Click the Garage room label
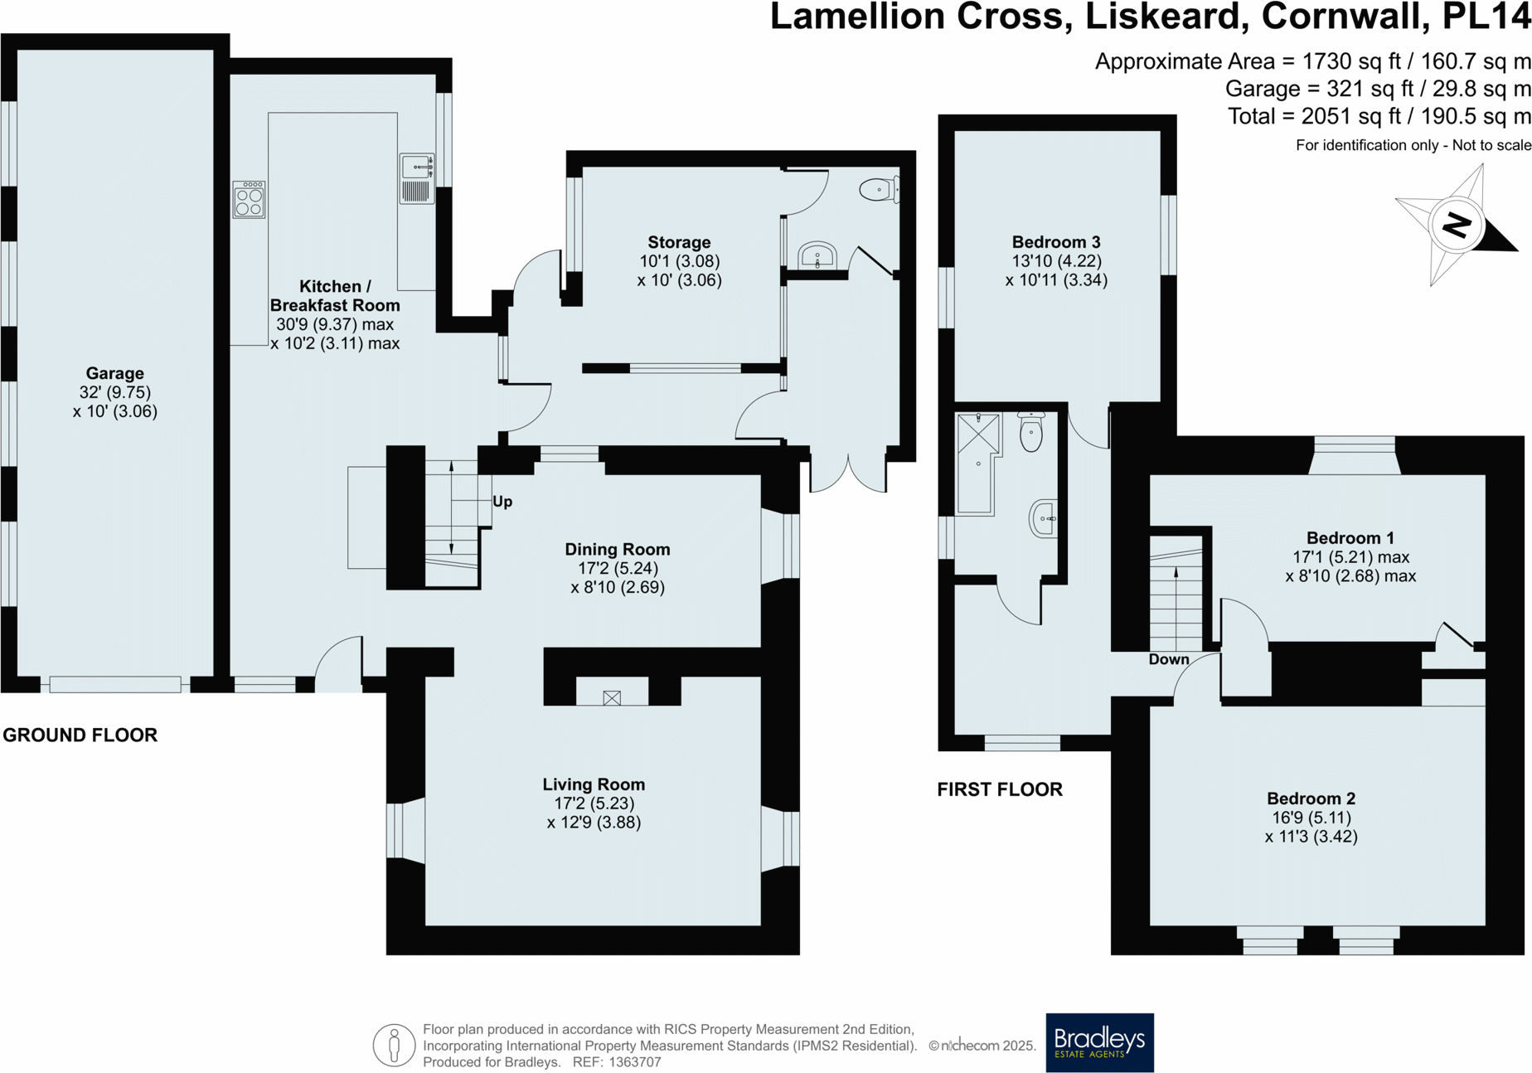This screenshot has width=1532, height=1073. coord(114,373)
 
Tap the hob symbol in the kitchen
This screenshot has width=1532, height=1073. coord(249,200)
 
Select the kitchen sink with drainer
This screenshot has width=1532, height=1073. coord(417,178)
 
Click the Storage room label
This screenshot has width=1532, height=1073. coord(679,242)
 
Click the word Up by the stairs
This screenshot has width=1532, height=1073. coord(502,502)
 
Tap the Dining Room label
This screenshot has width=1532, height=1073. coord(617,549)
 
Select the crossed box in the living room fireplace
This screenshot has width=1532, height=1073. coord(612,698)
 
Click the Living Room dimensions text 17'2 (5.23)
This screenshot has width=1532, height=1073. coord(594,804)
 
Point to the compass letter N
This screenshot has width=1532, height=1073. coord(1457,225)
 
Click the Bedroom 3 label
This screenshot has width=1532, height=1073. coord(1056,242)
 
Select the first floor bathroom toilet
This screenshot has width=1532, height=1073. coord(1030,431)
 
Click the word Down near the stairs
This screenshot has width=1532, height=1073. coord(1169,660)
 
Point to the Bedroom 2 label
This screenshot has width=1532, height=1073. coord(1311,799)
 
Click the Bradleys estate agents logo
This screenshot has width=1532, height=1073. coord(1099,1042)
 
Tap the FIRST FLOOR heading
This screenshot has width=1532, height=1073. coord(1000,789)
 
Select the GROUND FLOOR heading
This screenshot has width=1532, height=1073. coord(80,735)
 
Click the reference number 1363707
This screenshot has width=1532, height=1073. coord(635,1062)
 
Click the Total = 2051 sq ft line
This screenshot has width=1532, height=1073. coord(1379,116)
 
